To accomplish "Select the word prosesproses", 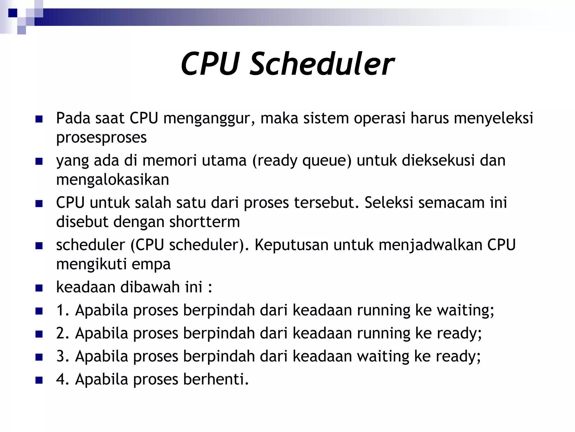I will (x=101, y=138).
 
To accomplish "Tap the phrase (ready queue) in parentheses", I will (x=302, y=161).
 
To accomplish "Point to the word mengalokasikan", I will (x=113, y=180).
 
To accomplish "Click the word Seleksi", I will (x=389, y=202).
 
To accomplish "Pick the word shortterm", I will (x=204, y=222).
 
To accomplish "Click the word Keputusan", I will (x=291, y=245).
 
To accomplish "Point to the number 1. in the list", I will (x=63, y=310).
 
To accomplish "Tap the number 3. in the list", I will (x=63, y=356).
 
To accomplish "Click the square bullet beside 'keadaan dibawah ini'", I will (x=39, y=288).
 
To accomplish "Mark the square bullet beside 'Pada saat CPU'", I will (x=39, y=119).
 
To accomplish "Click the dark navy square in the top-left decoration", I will (x=13, y=13).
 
